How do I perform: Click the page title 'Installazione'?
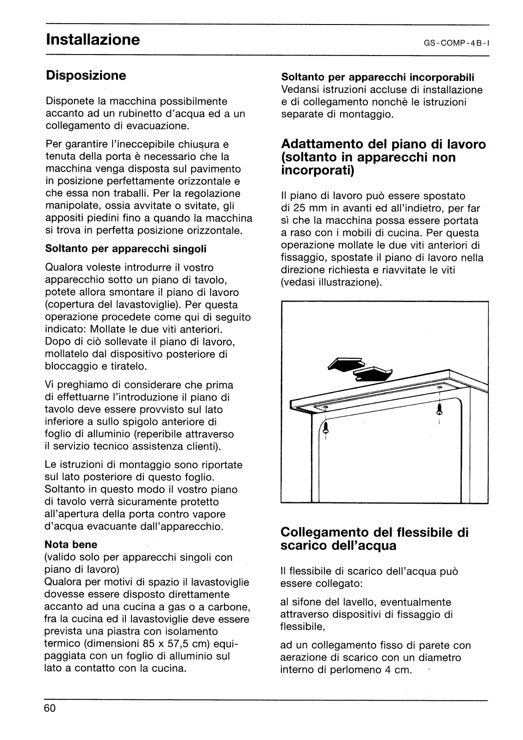[93, 39]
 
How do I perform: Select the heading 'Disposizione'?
[86, 75]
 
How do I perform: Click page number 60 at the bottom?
[50, 709]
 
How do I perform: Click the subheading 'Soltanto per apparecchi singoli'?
[126, 248]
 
